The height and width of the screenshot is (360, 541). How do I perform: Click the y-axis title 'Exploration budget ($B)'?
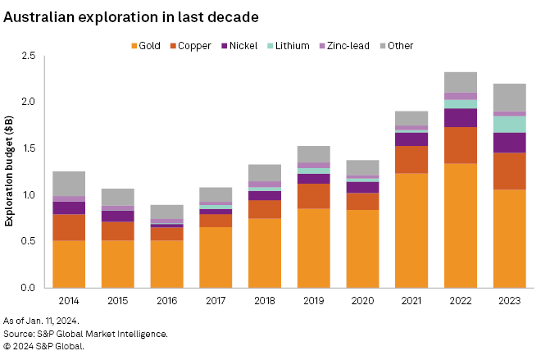pos(11,171)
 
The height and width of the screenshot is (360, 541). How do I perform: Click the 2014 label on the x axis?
pos(69,300)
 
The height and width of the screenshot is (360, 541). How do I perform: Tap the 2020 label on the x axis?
pos(363,300)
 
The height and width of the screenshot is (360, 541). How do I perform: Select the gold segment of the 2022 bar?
pos(461,226)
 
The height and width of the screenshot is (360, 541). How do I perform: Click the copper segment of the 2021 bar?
pos(412,159)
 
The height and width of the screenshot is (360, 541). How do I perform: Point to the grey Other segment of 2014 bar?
pos(69,184)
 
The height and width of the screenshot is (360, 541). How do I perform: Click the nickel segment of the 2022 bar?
pos(461,117)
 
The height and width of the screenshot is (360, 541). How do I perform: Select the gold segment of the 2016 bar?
pos(167,263)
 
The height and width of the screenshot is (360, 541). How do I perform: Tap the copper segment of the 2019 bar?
pos(314,196)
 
